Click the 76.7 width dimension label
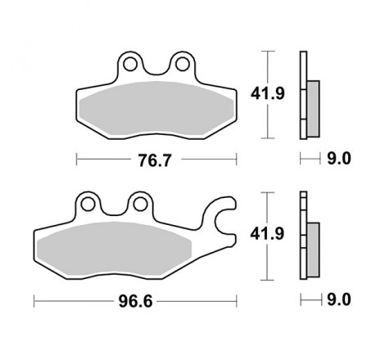click(156, 159)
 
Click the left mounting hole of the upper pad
click(129, 62)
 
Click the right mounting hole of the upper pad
click(181, 62)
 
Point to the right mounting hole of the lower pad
click(139, 203)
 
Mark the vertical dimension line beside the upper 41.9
click(268, 94)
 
